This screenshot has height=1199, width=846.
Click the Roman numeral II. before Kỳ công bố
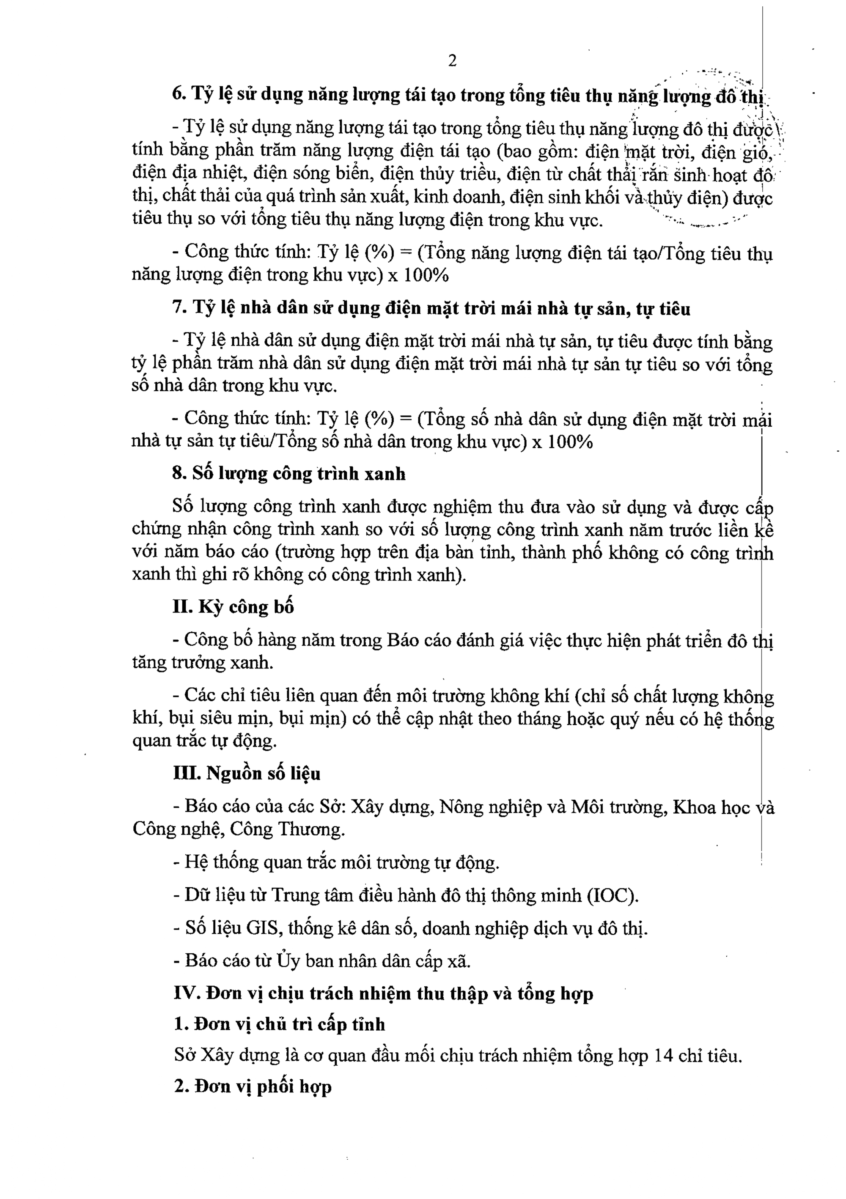182,607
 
